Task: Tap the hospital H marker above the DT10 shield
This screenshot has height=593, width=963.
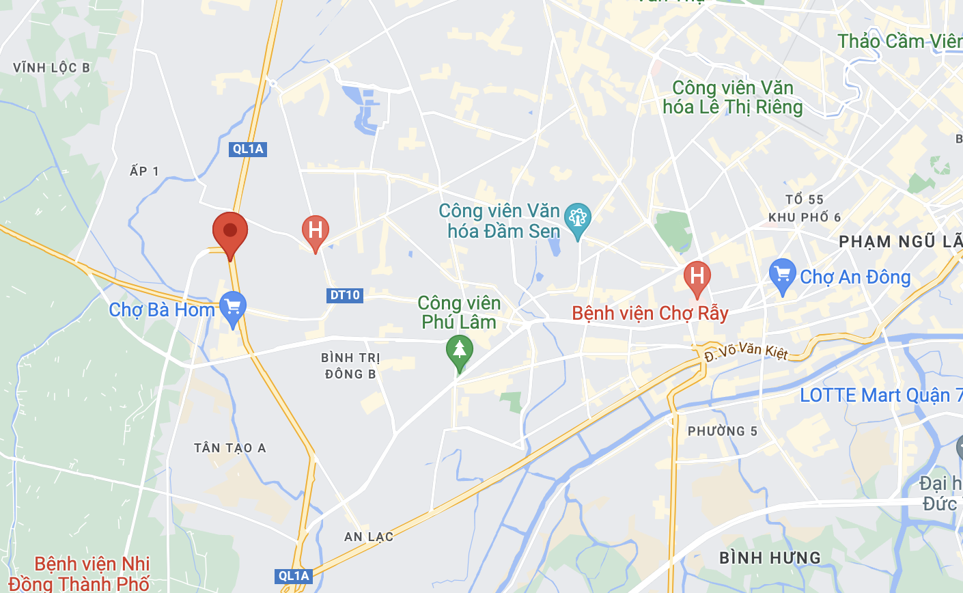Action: [315, 231]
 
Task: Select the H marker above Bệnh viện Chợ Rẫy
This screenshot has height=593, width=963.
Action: [697, 277]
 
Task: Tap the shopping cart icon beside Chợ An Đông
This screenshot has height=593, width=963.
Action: [783, 275]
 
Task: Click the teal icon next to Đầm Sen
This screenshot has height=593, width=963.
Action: [578, 219]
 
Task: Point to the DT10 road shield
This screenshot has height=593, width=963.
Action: [345, 295]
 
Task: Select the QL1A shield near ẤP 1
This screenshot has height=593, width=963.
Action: [247, 149]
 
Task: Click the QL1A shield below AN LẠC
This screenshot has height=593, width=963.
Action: [294, 576]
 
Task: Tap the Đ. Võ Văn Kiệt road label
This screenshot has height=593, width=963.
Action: [746, 351]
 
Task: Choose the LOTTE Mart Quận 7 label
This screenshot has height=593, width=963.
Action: [880, 396]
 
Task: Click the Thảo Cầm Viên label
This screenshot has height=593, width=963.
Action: [899, 42]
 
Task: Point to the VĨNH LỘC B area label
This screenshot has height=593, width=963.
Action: [51, 68]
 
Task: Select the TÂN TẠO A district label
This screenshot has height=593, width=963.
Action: [230, 448]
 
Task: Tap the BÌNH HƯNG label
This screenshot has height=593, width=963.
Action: [770, 558]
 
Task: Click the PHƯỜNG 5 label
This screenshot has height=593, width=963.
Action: [722, 431]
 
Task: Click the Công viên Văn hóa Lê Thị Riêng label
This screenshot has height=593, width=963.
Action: [733, 98]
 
